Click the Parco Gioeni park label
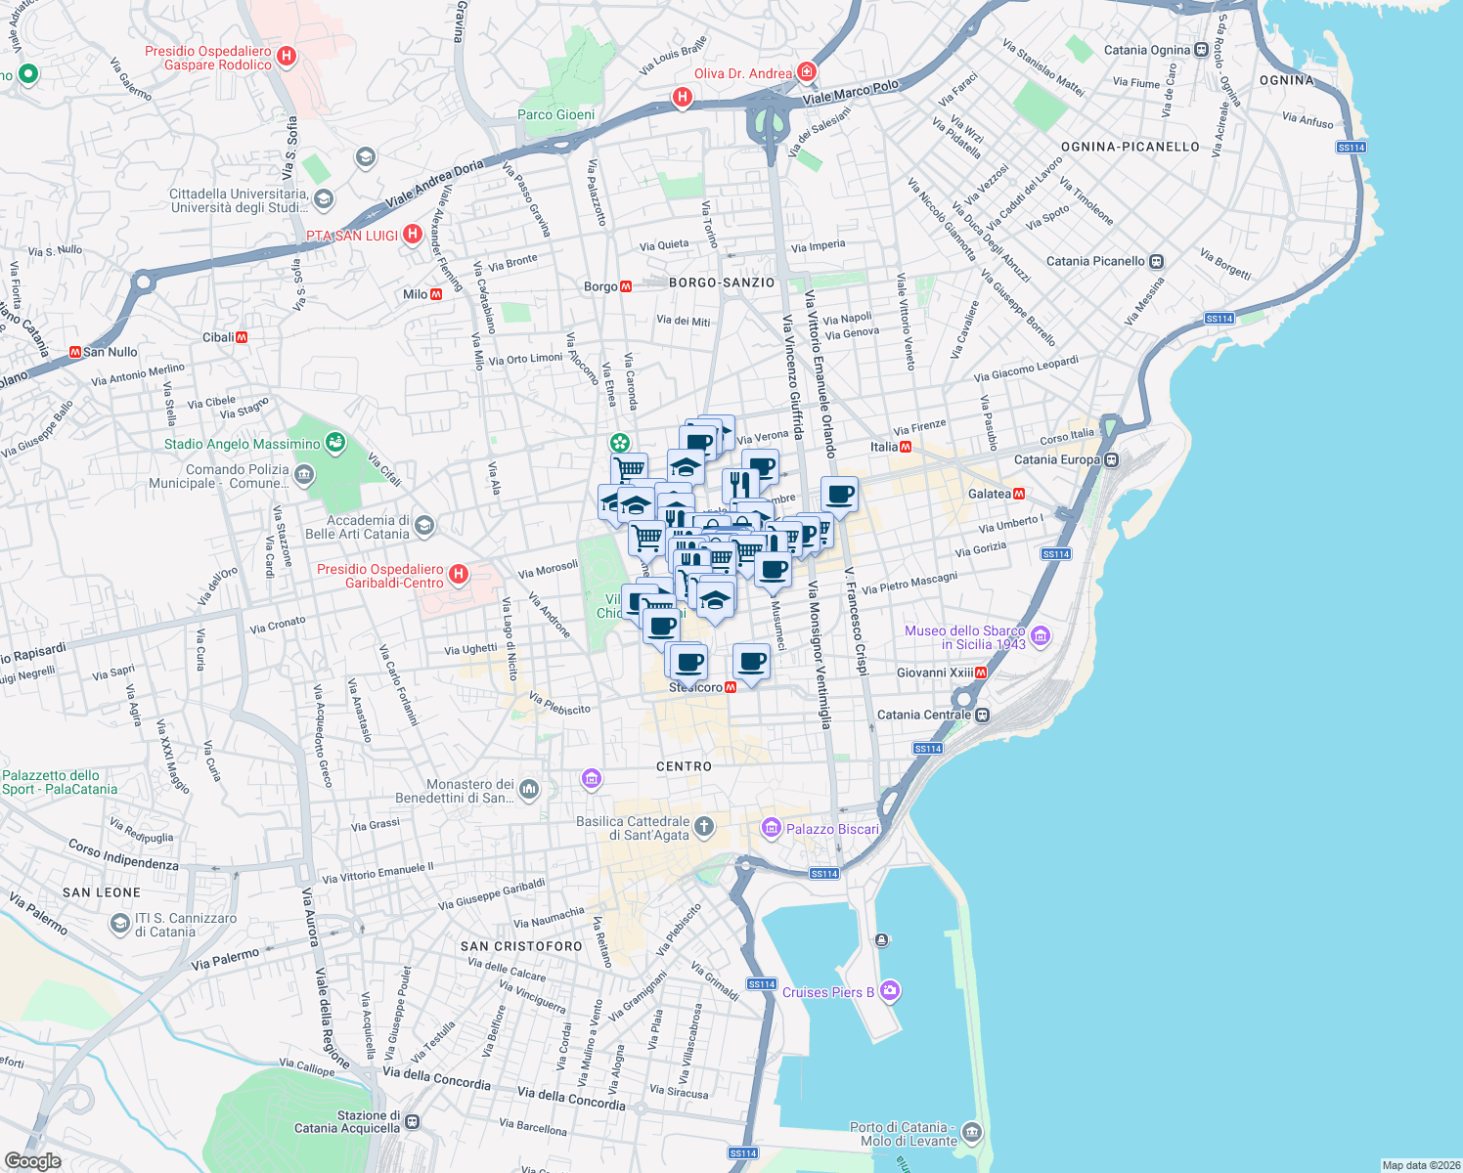(x=555, y=114)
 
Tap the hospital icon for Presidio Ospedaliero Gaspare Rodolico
(x=287, y=57)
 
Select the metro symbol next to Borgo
(x=626, y=286)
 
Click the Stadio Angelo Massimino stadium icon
(x=335, y=443)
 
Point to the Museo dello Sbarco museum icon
(x=1041, y=637)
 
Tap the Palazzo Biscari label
(x=832, y=829)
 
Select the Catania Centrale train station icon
(x=983, y=715)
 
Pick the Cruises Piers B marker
(x=889, y=991)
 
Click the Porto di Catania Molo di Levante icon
(x=971, y=1133)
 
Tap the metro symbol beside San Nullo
(x=74, y=352)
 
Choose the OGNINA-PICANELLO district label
(x=1130, y=147)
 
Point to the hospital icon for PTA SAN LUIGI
(x=413, y=235)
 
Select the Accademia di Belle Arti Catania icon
(x=423, y=527)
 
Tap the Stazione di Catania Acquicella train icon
(x=413, y=1122)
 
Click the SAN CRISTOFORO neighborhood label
(x=521, y=946)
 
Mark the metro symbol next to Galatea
(x=1019, y=494)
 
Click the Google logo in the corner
(x=32, y=1161)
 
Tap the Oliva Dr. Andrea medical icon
(x=806, y=72)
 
